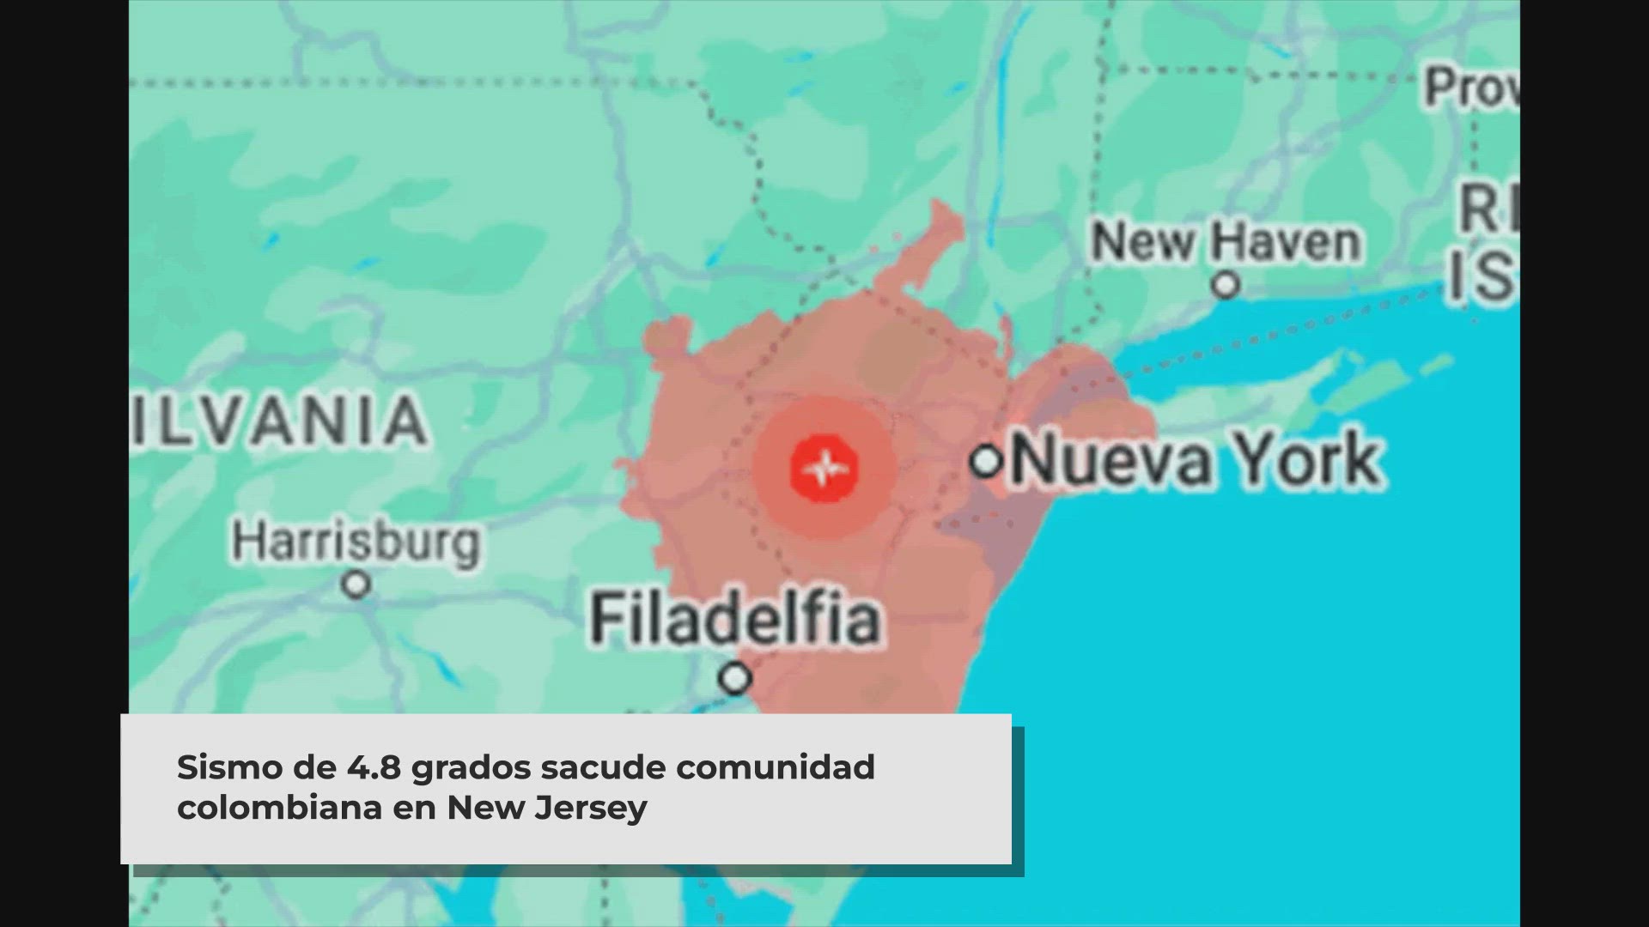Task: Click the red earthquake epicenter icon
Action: pos(824,468)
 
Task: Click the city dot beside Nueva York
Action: pos(986,461)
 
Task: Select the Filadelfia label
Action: pos(735,619)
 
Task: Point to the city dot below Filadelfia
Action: pos(735,678)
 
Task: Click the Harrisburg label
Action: pos(356,542)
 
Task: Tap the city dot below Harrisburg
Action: pos(356,585)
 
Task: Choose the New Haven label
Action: pos(1226,242)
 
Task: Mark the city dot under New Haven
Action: pos(1226,284)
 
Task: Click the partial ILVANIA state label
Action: pos(279,421)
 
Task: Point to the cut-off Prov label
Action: pos(1470,88)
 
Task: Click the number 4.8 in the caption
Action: pos(374,767)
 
